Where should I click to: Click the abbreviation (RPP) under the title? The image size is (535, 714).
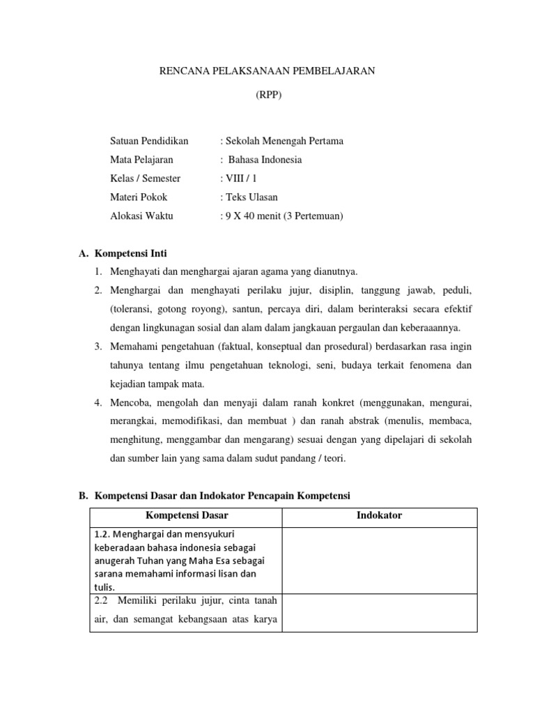267,96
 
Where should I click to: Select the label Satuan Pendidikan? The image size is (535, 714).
149,141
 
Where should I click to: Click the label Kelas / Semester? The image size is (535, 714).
145,178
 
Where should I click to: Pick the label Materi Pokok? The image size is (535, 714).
139,197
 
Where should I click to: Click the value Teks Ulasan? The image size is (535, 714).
251,197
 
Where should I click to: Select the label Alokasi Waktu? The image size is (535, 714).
141,216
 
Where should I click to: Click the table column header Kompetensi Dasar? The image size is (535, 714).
186,516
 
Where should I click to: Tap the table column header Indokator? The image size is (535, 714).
379,516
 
